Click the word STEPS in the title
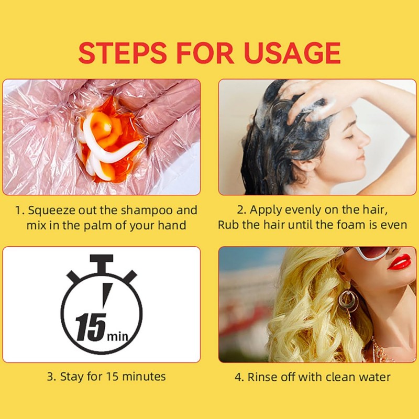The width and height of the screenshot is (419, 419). (x=123, y=53)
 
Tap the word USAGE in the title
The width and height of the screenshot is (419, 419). (x=292, y=53)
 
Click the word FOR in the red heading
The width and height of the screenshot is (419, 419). (x=205, y=53)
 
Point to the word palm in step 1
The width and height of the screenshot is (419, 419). (x=98, y=226)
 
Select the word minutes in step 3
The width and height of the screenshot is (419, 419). (x=144, y=377)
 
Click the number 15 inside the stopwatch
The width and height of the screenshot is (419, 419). (x=91, y=327)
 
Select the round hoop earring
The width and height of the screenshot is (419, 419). (x=348, y=301)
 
